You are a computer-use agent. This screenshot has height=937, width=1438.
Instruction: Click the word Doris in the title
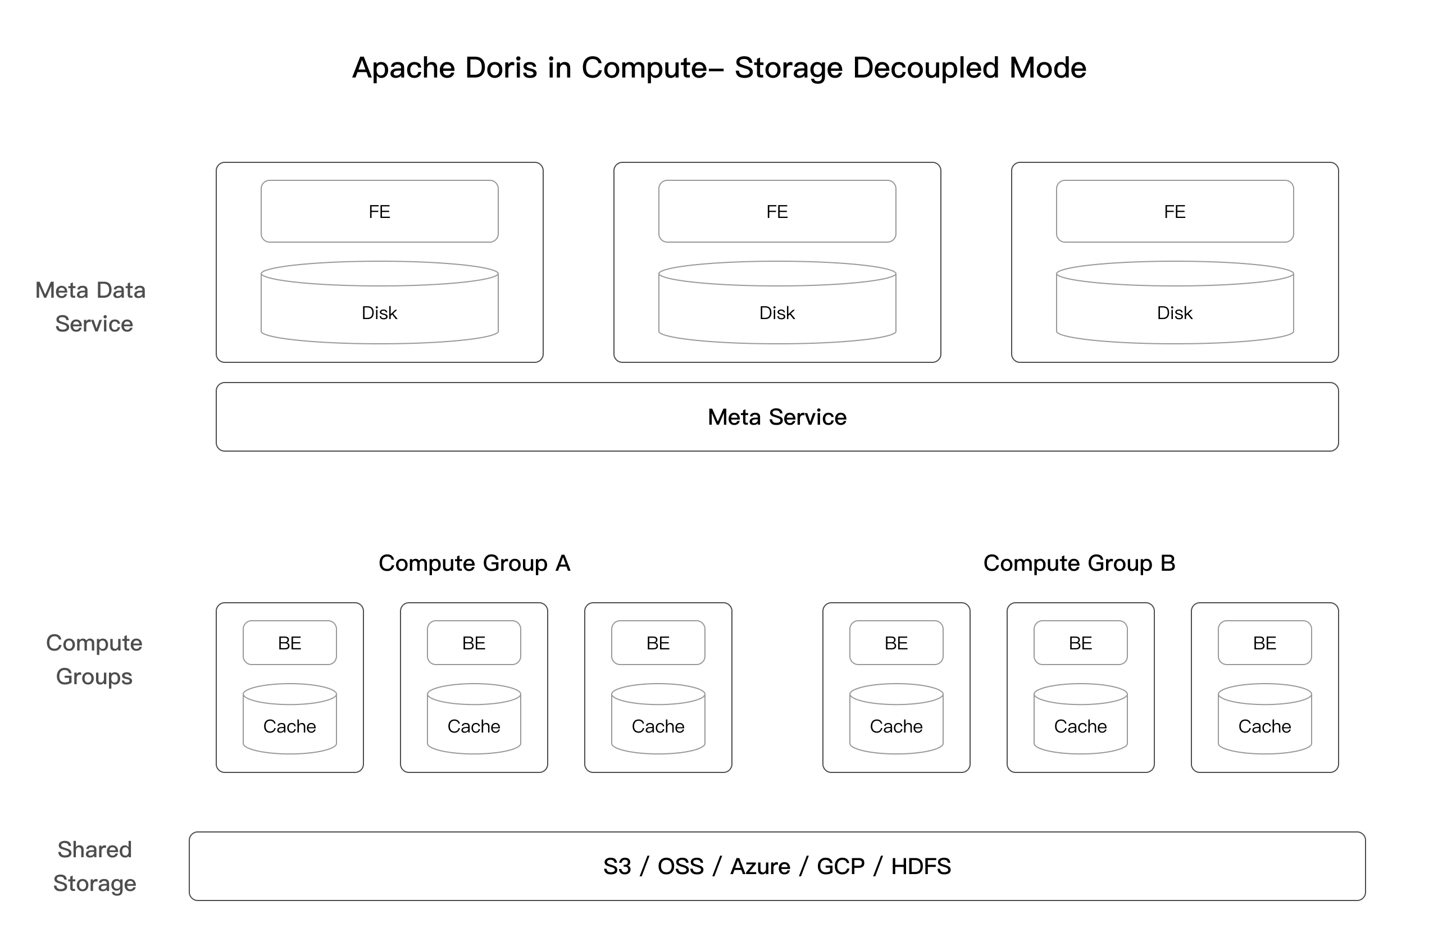tap(500, 67)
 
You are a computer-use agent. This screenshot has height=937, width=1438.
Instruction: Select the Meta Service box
tap(777, 417)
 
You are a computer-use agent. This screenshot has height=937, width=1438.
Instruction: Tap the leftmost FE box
tap(379, 211)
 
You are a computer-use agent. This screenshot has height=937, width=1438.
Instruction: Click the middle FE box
tap(777, 211)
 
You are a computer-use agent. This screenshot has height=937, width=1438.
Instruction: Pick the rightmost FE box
tap(1175, 211)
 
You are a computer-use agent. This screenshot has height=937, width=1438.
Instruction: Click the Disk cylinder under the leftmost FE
tap(379, 308)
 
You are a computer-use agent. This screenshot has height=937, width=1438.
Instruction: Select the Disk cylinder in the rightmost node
tap(1175, 308)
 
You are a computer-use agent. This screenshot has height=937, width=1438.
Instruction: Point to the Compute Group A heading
tap(474, 563)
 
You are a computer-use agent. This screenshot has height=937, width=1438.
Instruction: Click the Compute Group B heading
tap(1079, 563)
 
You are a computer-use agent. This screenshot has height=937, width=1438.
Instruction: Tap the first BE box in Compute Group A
tap(289, 643)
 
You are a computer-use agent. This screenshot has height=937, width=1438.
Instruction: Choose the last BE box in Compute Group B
tap(1264, 643)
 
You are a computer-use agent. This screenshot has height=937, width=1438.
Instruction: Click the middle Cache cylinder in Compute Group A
tap(474, 722)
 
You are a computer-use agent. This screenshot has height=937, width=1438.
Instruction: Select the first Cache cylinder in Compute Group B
tap(896, 722)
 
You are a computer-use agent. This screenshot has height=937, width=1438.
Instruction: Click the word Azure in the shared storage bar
tap(760, 866)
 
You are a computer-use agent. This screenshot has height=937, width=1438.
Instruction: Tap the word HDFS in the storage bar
tap(921, 866)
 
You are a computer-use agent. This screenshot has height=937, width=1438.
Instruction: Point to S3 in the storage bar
tap(617, 866)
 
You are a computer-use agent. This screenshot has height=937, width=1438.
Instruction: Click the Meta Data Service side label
tap(92, 307)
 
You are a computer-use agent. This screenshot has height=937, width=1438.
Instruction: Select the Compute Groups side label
tap(94, 659)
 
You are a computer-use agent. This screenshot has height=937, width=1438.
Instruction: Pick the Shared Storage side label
tap(95, 866)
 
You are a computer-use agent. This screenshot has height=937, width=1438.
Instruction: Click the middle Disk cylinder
tap(777, 308)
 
